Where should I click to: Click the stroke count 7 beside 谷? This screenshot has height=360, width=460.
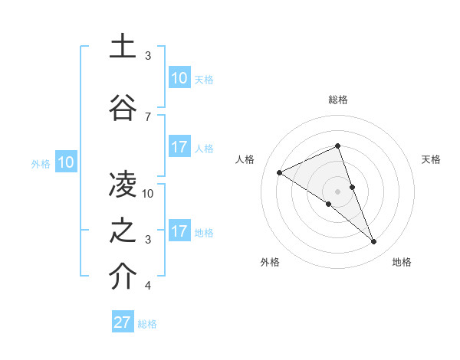pos(148,117)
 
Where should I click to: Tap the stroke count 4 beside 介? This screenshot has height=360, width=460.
pos(148,286)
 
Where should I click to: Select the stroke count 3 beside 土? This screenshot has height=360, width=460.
pos(148,56)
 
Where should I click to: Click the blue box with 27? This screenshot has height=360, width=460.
pos(123,322)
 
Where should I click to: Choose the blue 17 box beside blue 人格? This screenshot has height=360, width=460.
pos(179,147)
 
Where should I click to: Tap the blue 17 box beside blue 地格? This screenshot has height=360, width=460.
pos(179,231)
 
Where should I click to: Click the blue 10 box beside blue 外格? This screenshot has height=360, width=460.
pos(66,162)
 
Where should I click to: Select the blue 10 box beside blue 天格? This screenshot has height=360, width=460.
pos(179,78)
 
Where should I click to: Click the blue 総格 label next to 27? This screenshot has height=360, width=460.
pos(147,324)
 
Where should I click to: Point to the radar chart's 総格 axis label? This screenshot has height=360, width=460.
pos(338,100)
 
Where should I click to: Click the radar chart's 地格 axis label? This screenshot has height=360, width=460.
pos(402,263)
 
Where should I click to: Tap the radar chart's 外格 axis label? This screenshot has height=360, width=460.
pos(270,263)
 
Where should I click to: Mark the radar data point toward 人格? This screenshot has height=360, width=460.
pos(280,172)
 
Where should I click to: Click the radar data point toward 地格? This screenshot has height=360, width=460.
pos(374,242)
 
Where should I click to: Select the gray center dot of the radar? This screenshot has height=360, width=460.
pos(338,191)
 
